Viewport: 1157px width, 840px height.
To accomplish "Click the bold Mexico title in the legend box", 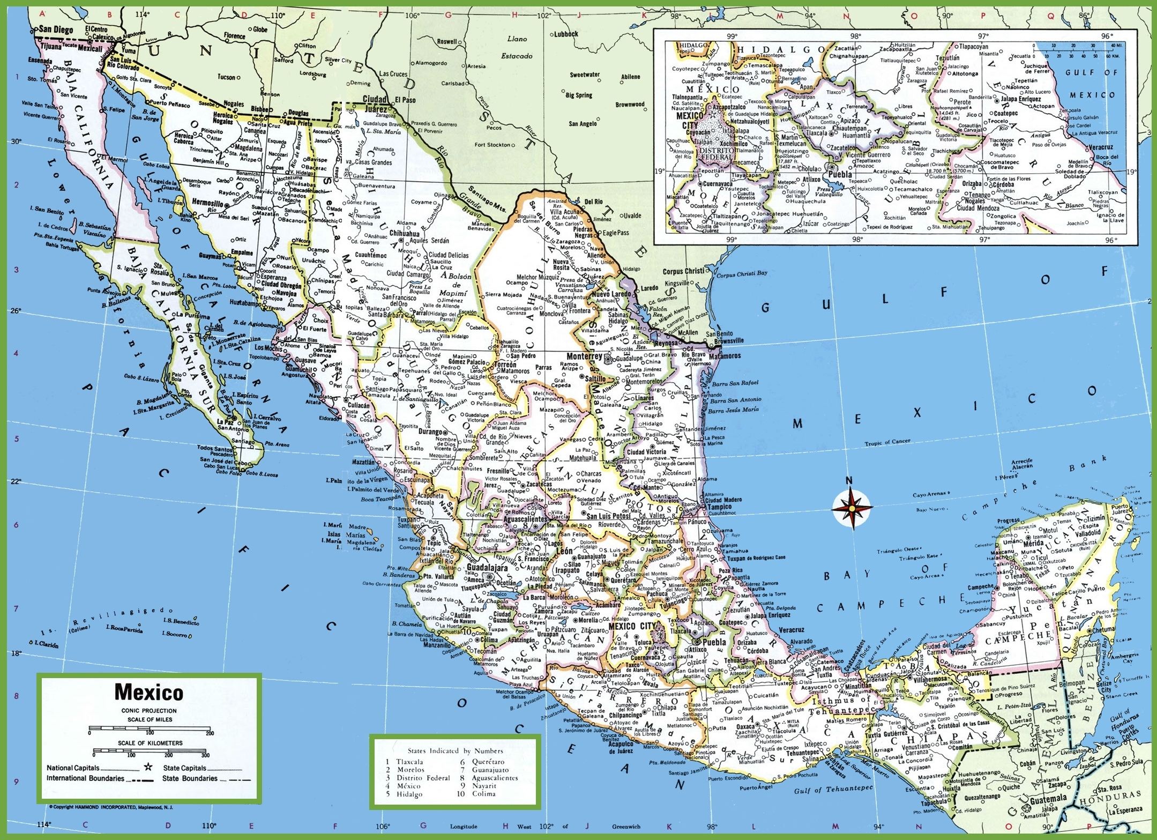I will pos(148,692).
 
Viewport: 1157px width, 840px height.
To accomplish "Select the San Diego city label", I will pos(56,30).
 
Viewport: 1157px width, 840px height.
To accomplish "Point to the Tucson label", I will pos(226,77).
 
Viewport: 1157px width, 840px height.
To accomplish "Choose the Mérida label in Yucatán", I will pos(1033,543).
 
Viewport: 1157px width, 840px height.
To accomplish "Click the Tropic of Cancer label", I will pos(887,442).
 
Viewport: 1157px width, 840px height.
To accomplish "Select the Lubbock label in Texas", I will pos(566,34).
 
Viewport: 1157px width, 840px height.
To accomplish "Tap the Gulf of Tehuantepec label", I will pos(833,790).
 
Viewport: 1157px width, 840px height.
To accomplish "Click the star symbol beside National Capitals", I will pos(148,768).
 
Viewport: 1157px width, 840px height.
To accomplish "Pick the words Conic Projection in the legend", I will pos(148,711).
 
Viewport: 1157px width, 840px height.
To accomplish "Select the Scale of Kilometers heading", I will pos(150,743).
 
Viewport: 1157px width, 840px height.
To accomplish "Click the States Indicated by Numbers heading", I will pos(455,750).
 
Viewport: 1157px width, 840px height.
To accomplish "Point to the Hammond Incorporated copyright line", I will pos(111,807).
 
